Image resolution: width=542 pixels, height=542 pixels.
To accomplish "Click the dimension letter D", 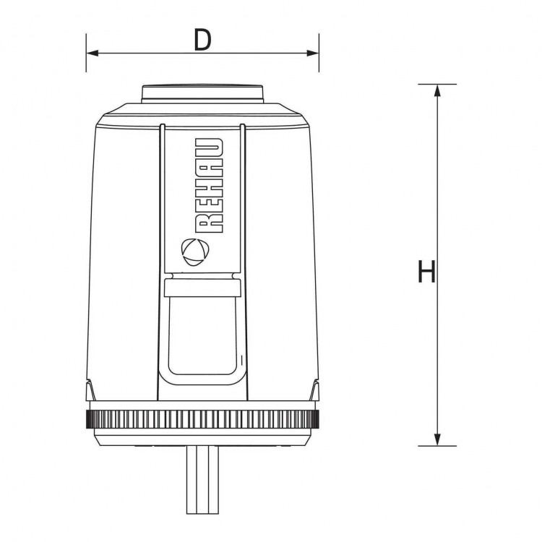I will (202, 40).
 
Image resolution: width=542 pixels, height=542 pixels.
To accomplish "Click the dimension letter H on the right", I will (426, 273).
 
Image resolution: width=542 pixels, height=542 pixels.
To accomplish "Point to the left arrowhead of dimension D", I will (90, 53).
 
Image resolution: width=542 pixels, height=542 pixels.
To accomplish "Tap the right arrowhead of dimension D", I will (314, 53).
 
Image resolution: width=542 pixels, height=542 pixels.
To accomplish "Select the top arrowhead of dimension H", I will (437, 90).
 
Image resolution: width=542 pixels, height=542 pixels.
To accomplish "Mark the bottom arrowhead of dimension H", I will (437, 440).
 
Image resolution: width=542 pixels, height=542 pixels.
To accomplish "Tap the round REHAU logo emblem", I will (195, 250).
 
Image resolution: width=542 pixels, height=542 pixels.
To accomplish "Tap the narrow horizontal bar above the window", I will (202, 289).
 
